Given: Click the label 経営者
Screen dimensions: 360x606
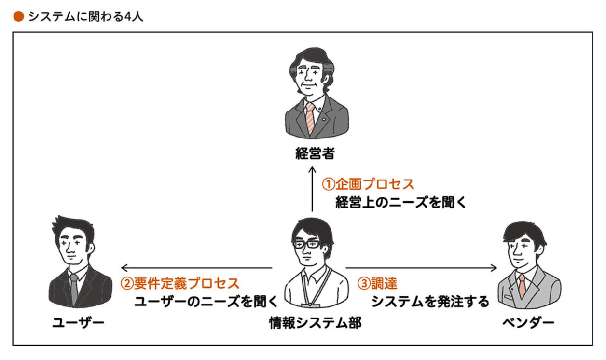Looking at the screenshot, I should (x=315, y=154).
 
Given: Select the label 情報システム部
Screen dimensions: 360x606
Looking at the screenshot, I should (x=315, y=322).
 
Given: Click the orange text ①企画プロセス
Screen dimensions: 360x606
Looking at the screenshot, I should (x=368, y=184).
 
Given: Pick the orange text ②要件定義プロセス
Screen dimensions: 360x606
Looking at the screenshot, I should (x=179, y=282).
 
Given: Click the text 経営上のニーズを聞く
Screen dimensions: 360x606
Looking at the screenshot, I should (x=401, y=202).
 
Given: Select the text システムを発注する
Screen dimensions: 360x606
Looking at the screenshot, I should (x=430, y=302).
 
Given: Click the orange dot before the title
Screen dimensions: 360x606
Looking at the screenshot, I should (x=18, y=17).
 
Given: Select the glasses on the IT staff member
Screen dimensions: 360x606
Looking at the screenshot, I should (x=307, y=244).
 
